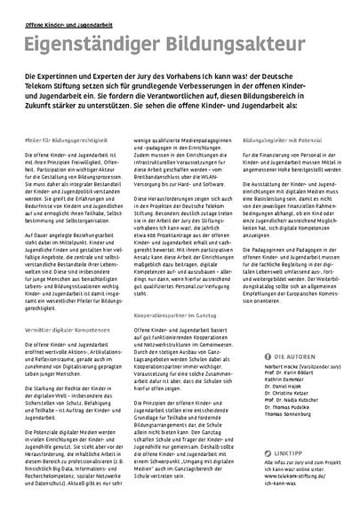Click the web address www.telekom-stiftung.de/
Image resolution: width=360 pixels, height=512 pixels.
pos(289,476)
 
